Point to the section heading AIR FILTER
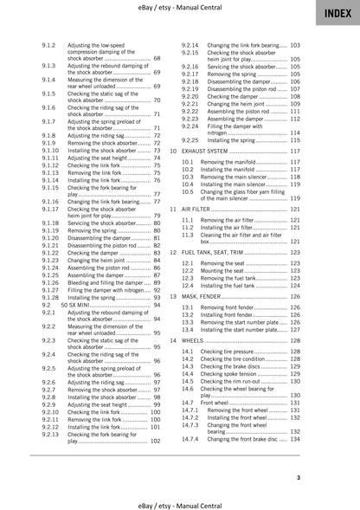coord(207,209)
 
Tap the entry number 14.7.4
coord(190,440)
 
